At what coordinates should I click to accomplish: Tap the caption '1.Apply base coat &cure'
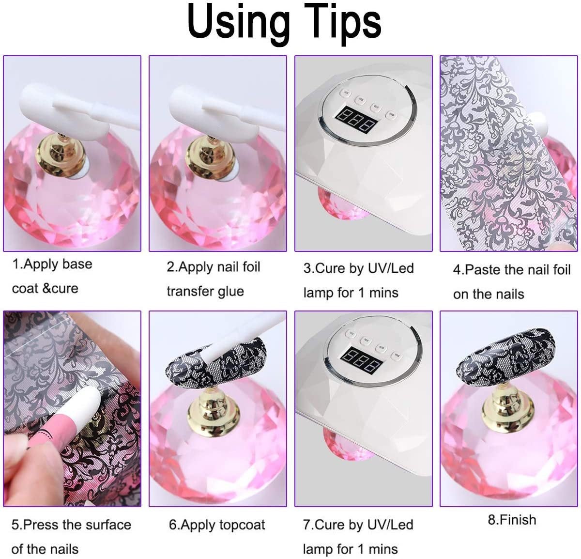52,276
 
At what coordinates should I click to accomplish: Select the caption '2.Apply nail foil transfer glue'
213,279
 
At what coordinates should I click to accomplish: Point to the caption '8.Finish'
512,520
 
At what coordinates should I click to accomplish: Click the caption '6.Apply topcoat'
217,525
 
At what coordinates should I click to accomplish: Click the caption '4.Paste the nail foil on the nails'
511,281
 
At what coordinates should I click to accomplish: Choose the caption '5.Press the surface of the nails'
71,537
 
